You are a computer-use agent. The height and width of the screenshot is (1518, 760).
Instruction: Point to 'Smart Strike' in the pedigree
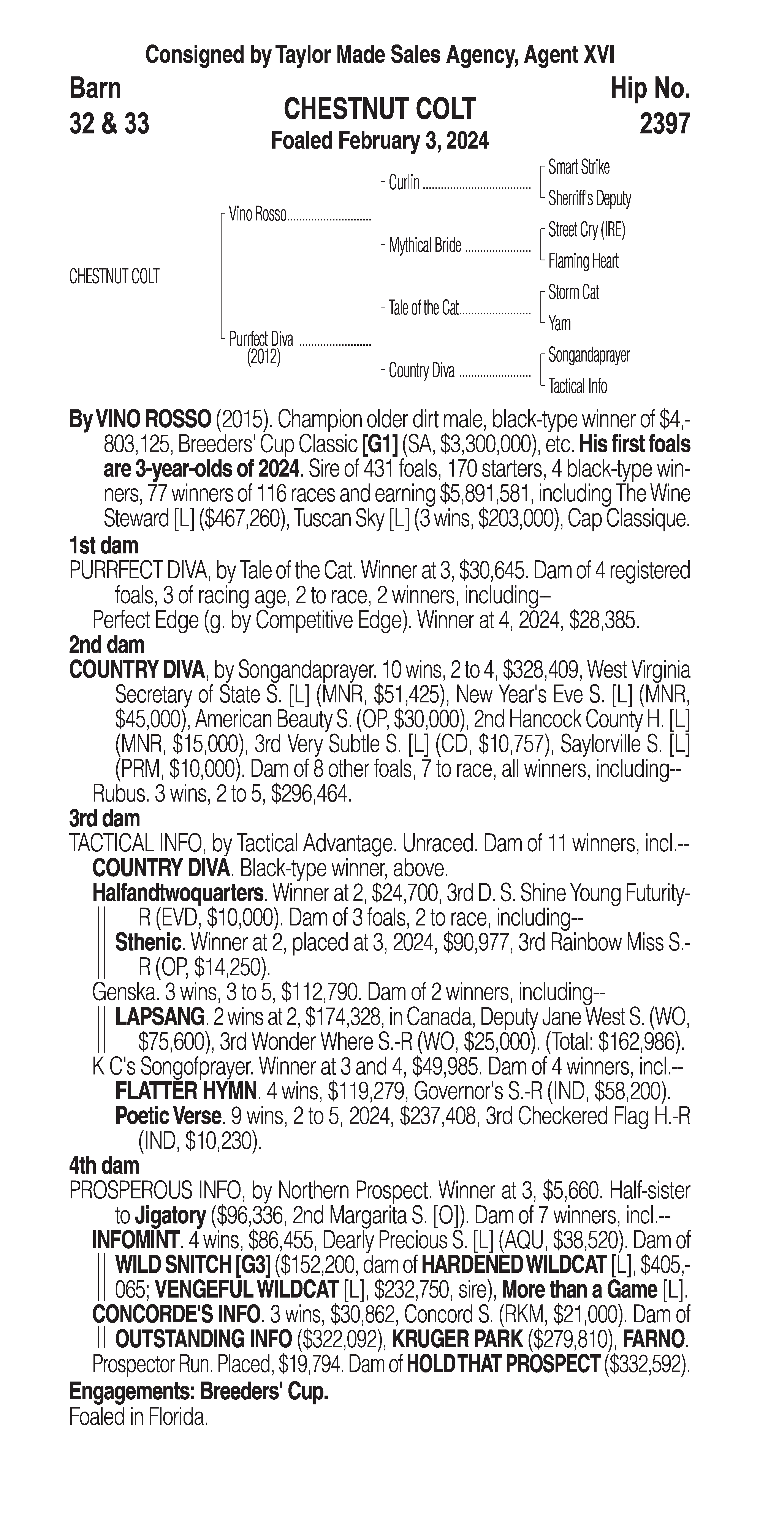tap(579, 167)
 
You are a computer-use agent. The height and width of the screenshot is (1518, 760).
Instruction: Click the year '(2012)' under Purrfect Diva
tap(263, 357)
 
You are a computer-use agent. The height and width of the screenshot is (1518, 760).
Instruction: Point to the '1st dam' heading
tap(104, 546)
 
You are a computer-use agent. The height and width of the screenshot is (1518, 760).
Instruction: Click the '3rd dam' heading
tap(104, 819)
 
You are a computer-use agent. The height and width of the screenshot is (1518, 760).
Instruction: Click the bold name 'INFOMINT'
tap(135, 1240)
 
